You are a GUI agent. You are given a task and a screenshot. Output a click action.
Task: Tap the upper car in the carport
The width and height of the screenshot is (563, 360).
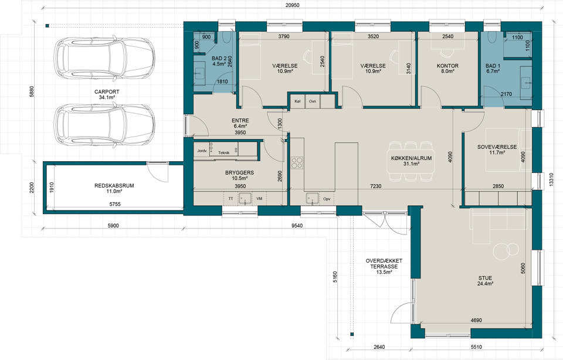[x=104, y=58]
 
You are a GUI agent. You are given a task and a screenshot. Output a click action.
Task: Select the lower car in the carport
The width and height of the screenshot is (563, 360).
[x=104, y=125]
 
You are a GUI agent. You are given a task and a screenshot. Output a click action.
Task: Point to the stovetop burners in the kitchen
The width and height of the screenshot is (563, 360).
[x=297, y=162]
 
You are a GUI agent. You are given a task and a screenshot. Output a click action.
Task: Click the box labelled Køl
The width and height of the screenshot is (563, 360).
[x=297, y=101]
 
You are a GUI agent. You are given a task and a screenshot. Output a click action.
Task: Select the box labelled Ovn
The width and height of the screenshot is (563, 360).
[x=313, y=101]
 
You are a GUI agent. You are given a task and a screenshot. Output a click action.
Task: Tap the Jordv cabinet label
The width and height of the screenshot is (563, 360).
[x=202, y=151]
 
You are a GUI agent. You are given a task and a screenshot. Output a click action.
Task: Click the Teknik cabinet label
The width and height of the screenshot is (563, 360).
[x=223, y=153]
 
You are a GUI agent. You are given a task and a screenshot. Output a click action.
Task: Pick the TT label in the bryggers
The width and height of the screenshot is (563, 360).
[x=230, y=199]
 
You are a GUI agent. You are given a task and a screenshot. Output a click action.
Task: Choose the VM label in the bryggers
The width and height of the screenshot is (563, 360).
[x=259, y=199]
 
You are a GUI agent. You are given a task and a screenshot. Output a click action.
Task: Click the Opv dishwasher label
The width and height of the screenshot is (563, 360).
[x=327, y=199]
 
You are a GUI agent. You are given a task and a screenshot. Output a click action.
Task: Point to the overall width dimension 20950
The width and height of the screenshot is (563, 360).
[x=292, y=5]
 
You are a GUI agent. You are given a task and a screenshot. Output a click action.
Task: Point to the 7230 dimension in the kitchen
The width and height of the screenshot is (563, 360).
[x=376, y=186]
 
